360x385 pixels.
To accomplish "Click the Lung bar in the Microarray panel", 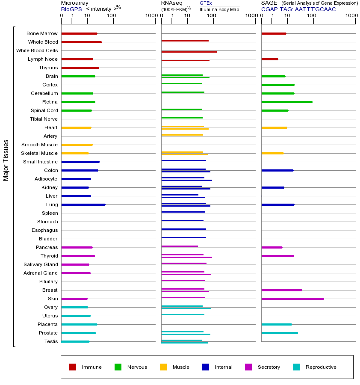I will (x=83, y=204).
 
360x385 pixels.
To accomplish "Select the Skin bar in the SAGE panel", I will (x=292, y=299).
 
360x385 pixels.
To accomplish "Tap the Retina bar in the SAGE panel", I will (x=286, y=102).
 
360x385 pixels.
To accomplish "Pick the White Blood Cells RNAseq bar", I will (x=189, y=52).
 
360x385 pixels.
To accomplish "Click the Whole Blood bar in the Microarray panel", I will (x=81, y=42).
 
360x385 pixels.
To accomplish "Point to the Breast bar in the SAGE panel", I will (x=281, y=290).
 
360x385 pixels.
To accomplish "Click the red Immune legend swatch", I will (x=73, y=367).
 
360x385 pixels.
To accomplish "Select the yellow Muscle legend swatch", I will (x=163, y=367).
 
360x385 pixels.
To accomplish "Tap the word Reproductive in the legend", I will (x=321, y=367).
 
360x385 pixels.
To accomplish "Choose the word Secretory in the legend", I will (x=269, y=367).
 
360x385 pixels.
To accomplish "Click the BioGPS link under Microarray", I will (x=71, y=9).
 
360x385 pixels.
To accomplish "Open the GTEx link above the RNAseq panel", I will (x=206, y=3).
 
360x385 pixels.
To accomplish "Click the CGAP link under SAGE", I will (x=269, y=9).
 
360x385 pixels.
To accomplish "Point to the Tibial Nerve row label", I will (x=44, y=119).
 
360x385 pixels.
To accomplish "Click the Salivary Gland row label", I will (x=41, y=264).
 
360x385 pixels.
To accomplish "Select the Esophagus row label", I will (x=44, y=230).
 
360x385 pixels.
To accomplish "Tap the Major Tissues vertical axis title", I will (x=6, y=160).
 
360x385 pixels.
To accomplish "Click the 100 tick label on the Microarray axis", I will (x=112, y=16).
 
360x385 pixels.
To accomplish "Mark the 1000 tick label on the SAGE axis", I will (x=351, y=16).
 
